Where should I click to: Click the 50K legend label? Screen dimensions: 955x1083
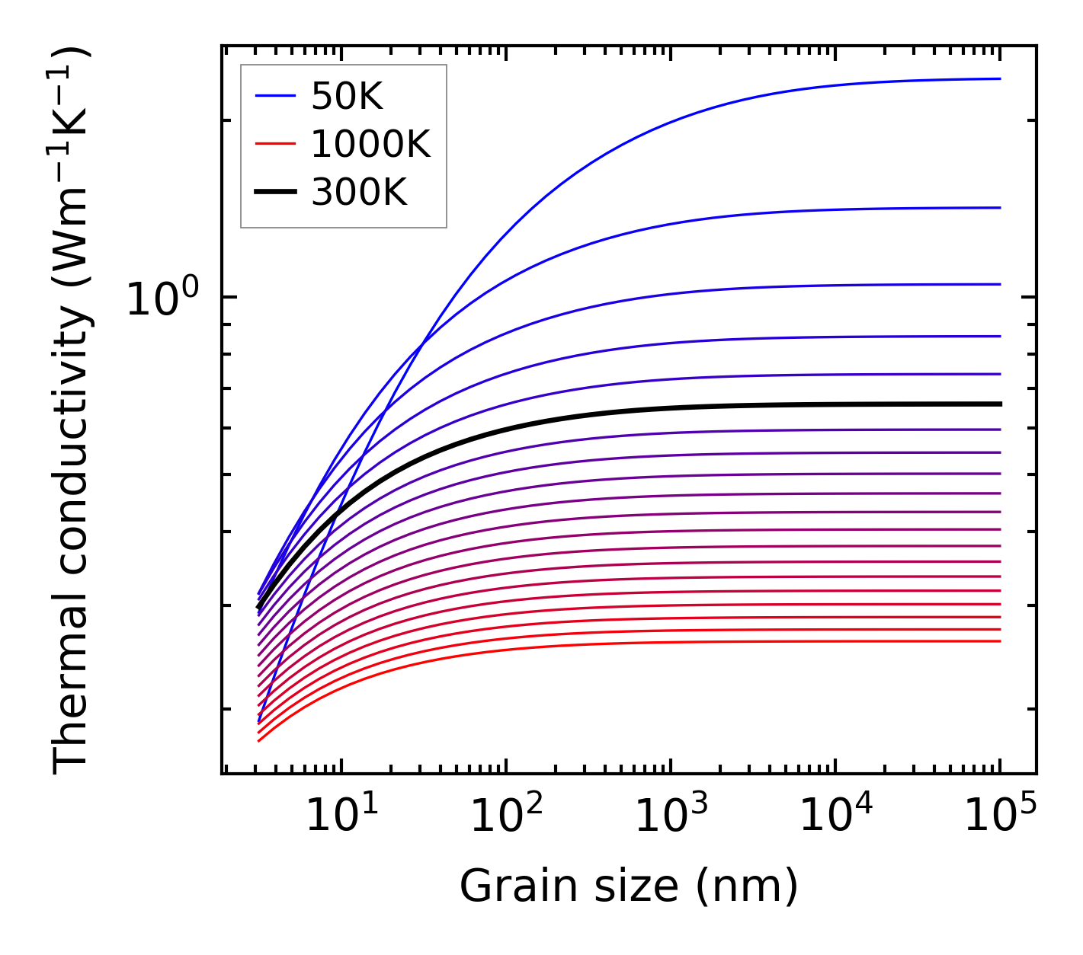click(347, 97)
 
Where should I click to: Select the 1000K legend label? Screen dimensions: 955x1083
click(370, 144)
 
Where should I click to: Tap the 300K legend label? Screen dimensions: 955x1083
click(359, 193)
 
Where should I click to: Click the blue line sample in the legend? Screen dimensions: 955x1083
click(274, 96)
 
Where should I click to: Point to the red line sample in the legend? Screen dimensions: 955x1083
click(274, 144)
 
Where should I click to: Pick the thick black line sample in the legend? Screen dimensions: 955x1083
click(274, 193)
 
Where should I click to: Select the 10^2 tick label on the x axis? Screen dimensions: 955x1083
click(507, 816)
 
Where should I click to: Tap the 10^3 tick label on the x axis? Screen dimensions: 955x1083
click(671, 816)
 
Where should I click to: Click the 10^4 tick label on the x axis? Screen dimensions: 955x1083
click(836, 816)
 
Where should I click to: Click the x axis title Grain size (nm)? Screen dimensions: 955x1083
click(629, 886)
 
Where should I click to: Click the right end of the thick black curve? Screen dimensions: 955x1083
click(999, 404)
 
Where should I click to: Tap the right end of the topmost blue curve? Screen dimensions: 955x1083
click(999, 78)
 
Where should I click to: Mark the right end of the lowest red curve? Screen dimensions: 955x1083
click(999, 641)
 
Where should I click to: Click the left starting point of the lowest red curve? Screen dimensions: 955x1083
click(259, 741)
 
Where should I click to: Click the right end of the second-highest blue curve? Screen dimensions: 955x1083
click(999, 207)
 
